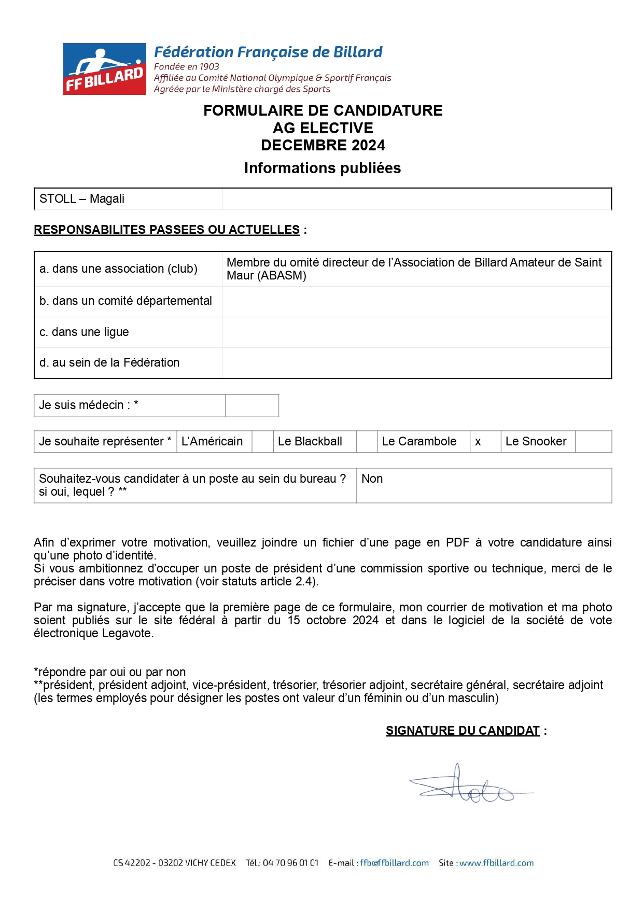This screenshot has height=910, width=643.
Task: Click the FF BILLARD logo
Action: pos(105,69)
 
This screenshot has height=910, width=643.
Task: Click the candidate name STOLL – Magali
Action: pos(82,199)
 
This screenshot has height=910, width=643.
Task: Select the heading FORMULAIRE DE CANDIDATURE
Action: pos(323,110)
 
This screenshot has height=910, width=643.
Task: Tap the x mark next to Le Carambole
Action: pos(478,442)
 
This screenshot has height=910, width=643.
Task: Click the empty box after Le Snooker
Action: pos(593,442)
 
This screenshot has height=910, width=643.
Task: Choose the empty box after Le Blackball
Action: pos(367,442)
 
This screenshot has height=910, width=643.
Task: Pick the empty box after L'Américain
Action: pos(262,442)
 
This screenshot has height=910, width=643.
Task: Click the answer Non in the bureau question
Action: pos(372,479)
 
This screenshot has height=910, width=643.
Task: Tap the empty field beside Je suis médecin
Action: pos(252,405)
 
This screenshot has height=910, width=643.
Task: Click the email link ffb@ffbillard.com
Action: pos(395,863)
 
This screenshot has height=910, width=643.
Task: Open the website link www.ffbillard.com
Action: pos(496,863)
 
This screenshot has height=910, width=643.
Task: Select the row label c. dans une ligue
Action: pos(84,332)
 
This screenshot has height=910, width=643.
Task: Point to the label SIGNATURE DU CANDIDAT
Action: pos(463,731)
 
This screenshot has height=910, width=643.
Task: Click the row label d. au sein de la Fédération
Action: pos(109,363)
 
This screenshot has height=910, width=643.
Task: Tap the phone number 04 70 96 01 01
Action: pos(290,863)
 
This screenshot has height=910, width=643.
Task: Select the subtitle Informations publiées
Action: pos(323,169)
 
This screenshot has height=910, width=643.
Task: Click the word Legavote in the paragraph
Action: pos(127,634)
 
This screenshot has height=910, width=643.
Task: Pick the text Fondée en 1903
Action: pos(187,67)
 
